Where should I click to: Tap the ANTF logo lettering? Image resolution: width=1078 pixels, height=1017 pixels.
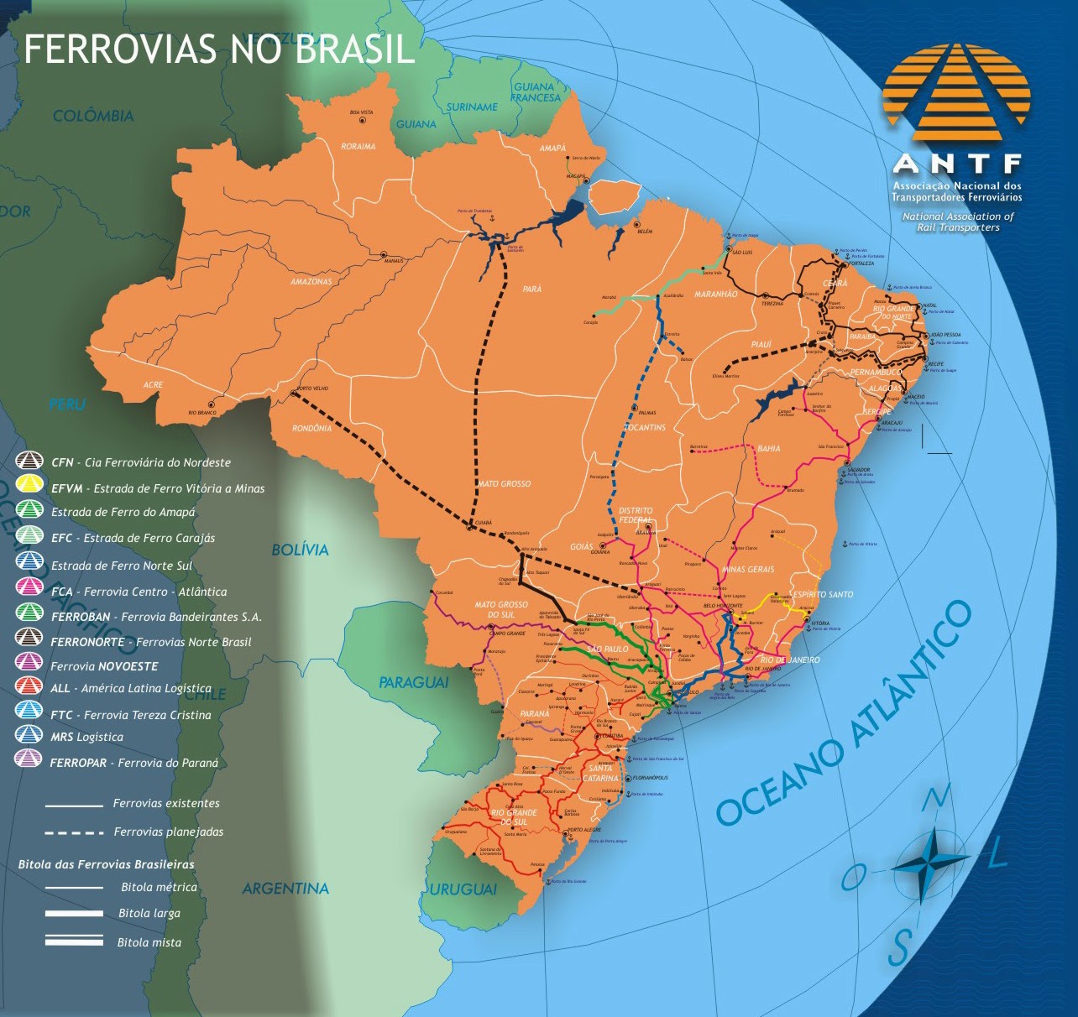coord(957,163)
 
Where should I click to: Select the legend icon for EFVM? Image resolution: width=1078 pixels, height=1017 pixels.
coord(30,487)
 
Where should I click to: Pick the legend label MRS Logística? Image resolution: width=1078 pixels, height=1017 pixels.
coord(86,737)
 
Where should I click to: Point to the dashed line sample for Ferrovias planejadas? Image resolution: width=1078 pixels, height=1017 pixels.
coord(74,832)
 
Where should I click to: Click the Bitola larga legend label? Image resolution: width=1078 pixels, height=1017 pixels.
coord(149,913)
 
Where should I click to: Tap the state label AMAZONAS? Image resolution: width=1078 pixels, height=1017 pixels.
coord(311,282)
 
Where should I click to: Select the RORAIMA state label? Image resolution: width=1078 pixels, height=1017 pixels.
coord(358,147)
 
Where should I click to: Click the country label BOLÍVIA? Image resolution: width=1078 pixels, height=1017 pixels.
coord(300,550)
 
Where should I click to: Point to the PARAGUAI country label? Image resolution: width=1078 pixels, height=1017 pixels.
coord(413,682)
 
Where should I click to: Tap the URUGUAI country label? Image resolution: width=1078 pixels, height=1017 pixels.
coord(463,889)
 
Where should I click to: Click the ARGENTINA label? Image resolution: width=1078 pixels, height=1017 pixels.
coord(285,888)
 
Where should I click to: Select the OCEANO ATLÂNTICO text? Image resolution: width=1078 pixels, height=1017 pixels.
coord(844,713)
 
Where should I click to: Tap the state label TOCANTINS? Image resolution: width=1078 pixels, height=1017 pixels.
coord(645,427)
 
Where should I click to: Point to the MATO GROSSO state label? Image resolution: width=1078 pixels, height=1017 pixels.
coord(504,483)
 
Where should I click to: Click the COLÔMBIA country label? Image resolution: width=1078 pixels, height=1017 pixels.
coord(93,116)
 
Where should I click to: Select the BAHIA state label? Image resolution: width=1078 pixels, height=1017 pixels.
coord(768,449)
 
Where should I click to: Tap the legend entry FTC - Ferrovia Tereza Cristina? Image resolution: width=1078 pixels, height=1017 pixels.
coord(130,715)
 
